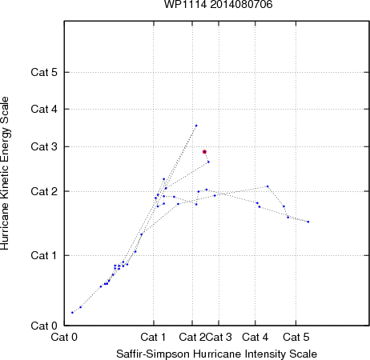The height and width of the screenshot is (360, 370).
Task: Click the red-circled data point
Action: pos(204,152)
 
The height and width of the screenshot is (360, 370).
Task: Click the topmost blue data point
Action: pos(196,126)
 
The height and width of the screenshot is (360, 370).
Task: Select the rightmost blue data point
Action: pos(308,222)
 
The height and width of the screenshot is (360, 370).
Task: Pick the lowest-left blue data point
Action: pos(72,312)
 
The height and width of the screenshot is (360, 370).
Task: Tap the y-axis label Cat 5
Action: pos(44,72)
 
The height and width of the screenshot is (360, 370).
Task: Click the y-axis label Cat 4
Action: pos(44,109)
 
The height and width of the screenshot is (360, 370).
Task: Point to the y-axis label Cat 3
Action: pos(44,146)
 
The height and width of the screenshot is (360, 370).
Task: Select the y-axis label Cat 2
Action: pos(44,191)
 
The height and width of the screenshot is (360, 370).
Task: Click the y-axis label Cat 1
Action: pos(44,255)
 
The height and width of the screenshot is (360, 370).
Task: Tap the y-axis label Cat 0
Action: pos(44,326)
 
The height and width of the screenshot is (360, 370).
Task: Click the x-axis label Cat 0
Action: pos(64,337)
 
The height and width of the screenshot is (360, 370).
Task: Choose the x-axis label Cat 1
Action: pos(153,337)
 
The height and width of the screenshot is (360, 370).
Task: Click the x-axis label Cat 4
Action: pos(255,337)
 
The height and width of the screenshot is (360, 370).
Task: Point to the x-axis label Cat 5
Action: pos(296,337)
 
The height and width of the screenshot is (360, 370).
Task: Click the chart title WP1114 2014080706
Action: pos(218,5)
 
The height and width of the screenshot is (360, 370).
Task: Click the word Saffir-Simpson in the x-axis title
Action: pos(153,354)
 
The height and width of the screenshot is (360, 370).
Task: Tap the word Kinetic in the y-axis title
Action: pos(5,162)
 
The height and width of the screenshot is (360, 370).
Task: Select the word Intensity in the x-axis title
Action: pos(265,354)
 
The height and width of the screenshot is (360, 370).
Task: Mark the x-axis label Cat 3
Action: pos(219,337)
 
